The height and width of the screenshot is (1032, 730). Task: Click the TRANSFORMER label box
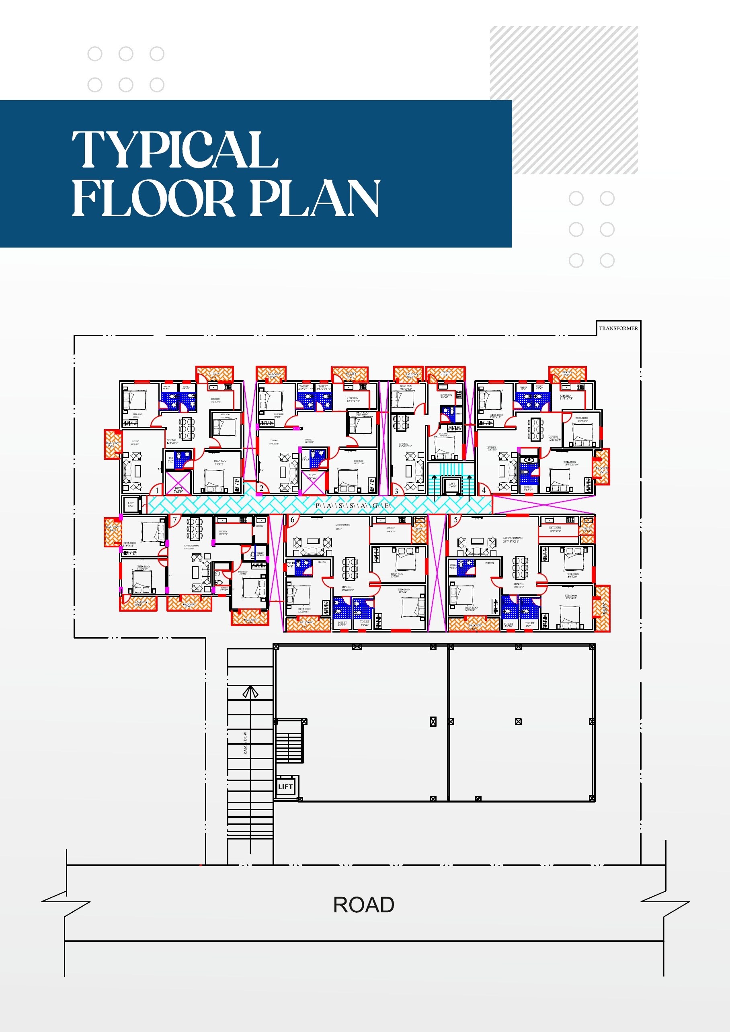click(x=618, y=328)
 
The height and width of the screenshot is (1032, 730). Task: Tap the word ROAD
click(x=364, y=905)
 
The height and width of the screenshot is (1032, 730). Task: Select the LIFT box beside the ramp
click(x=285, y=786)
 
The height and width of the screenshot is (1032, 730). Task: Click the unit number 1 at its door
click(x=157, y=490)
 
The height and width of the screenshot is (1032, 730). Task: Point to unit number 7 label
click(x=175, y=520)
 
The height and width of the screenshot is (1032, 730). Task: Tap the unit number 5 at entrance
click(x=455, y=520)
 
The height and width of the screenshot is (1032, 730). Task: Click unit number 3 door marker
click(x=396, y=491)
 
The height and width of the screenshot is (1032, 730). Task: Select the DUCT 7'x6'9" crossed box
click(x=178, y=482)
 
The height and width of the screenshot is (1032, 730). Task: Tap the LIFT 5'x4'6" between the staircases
click(x=452, y=485)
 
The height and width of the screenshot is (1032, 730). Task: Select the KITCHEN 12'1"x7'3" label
click(x=353, y=399)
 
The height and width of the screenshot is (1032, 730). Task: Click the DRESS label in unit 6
click(x=322, y=562)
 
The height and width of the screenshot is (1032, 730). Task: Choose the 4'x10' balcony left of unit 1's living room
click(x=113, y=444)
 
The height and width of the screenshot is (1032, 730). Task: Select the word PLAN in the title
click(x=315, y=198)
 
